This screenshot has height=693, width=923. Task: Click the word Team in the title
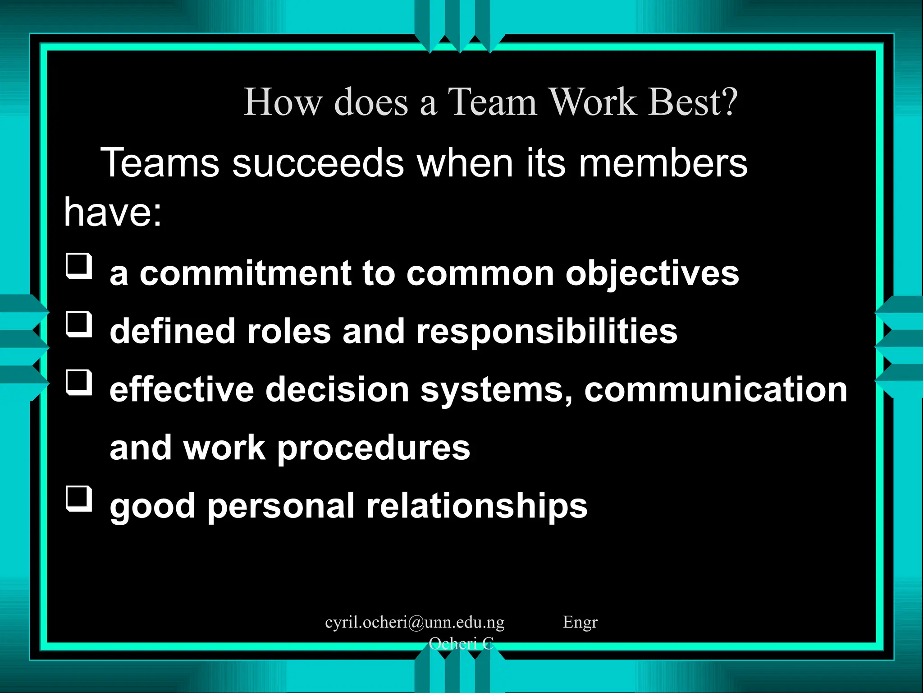pos(492,102)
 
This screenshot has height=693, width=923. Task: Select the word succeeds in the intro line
pos(318,163)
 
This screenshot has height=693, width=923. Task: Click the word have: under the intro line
pos(113,212)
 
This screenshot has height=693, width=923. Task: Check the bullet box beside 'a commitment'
pos(79,266)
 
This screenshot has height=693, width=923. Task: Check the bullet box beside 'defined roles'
pos(79,324)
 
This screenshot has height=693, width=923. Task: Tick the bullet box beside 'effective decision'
pos(79,382)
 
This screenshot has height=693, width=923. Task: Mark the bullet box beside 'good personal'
pos(79,499)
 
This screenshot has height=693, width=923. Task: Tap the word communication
pos(716,390)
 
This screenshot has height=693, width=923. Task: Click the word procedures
pos(374,448)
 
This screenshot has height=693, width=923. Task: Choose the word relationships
pos(477,506)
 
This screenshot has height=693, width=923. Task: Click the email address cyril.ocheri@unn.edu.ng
pos(415,622)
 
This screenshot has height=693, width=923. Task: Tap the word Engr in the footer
pos(580,622)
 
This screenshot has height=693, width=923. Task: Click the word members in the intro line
pos(663,163)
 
